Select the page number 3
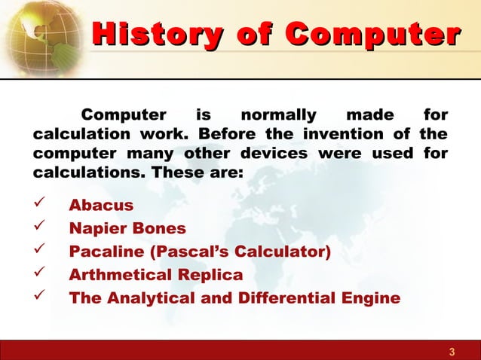[x=451, y=352]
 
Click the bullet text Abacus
[x=101, y=206]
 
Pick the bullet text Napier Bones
[x=127, y=228]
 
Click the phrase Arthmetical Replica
[x=155, y=274]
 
